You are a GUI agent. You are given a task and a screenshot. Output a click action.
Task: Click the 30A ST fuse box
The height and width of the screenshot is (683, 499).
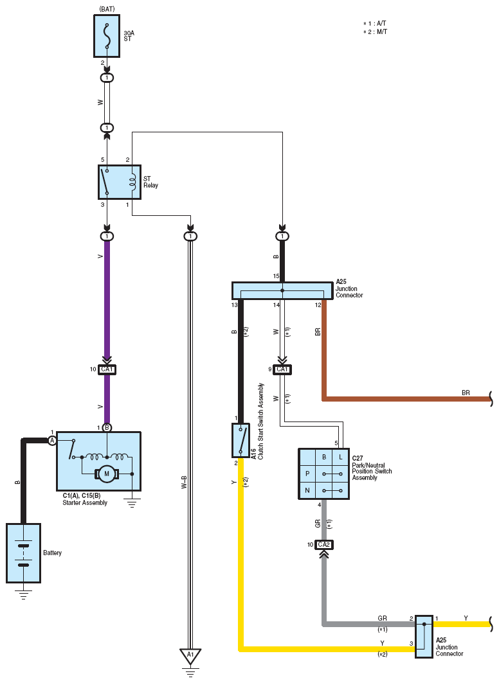click(107, 36)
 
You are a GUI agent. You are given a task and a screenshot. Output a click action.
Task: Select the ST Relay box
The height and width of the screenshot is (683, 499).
click(120, 182)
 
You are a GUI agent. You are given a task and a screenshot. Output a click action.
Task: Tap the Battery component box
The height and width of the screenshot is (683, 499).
click(24, 553)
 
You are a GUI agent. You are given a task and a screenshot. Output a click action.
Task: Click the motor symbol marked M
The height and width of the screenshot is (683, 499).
click(106, 474)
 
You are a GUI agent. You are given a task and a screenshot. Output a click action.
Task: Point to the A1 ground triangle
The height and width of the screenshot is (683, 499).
click(190, 655)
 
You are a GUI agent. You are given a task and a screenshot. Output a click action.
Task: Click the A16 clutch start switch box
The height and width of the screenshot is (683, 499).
click(240, 440)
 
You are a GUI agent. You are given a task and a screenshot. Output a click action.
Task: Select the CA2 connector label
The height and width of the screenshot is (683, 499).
click(324, 544)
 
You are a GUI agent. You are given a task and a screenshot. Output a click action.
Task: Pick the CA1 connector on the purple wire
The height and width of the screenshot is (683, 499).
click(107, 369)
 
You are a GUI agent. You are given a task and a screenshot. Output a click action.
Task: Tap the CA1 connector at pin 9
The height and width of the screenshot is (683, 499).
click(282, 369)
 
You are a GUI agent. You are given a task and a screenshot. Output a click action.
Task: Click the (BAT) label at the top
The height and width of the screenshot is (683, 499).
click(107, 9)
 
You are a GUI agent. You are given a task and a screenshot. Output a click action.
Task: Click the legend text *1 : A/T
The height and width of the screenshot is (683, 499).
click(375, 24)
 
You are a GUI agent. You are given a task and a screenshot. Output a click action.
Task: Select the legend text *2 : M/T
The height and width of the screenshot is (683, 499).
click(376, 31)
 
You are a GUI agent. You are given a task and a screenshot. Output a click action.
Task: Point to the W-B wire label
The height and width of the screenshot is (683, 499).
click(184, 482)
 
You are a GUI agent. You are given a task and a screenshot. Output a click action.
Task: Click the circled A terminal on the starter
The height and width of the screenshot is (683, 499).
click(52, 441)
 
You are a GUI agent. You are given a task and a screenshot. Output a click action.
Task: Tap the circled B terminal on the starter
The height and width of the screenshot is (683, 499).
click(107, 428)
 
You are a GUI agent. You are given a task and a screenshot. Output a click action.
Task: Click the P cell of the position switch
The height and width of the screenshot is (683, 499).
click(307, 474)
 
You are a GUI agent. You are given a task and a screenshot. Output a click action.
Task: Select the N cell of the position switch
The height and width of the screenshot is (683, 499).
click(307, 490)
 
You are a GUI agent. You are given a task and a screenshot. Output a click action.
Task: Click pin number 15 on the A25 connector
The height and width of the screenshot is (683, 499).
click(276, 276)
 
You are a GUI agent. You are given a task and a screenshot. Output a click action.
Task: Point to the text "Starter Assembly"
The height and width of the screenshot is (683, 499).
click(85, 502)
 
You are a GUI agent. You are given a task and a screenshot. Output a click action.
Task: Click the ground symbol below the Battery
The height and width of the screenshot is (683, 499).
click(24, 594)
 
